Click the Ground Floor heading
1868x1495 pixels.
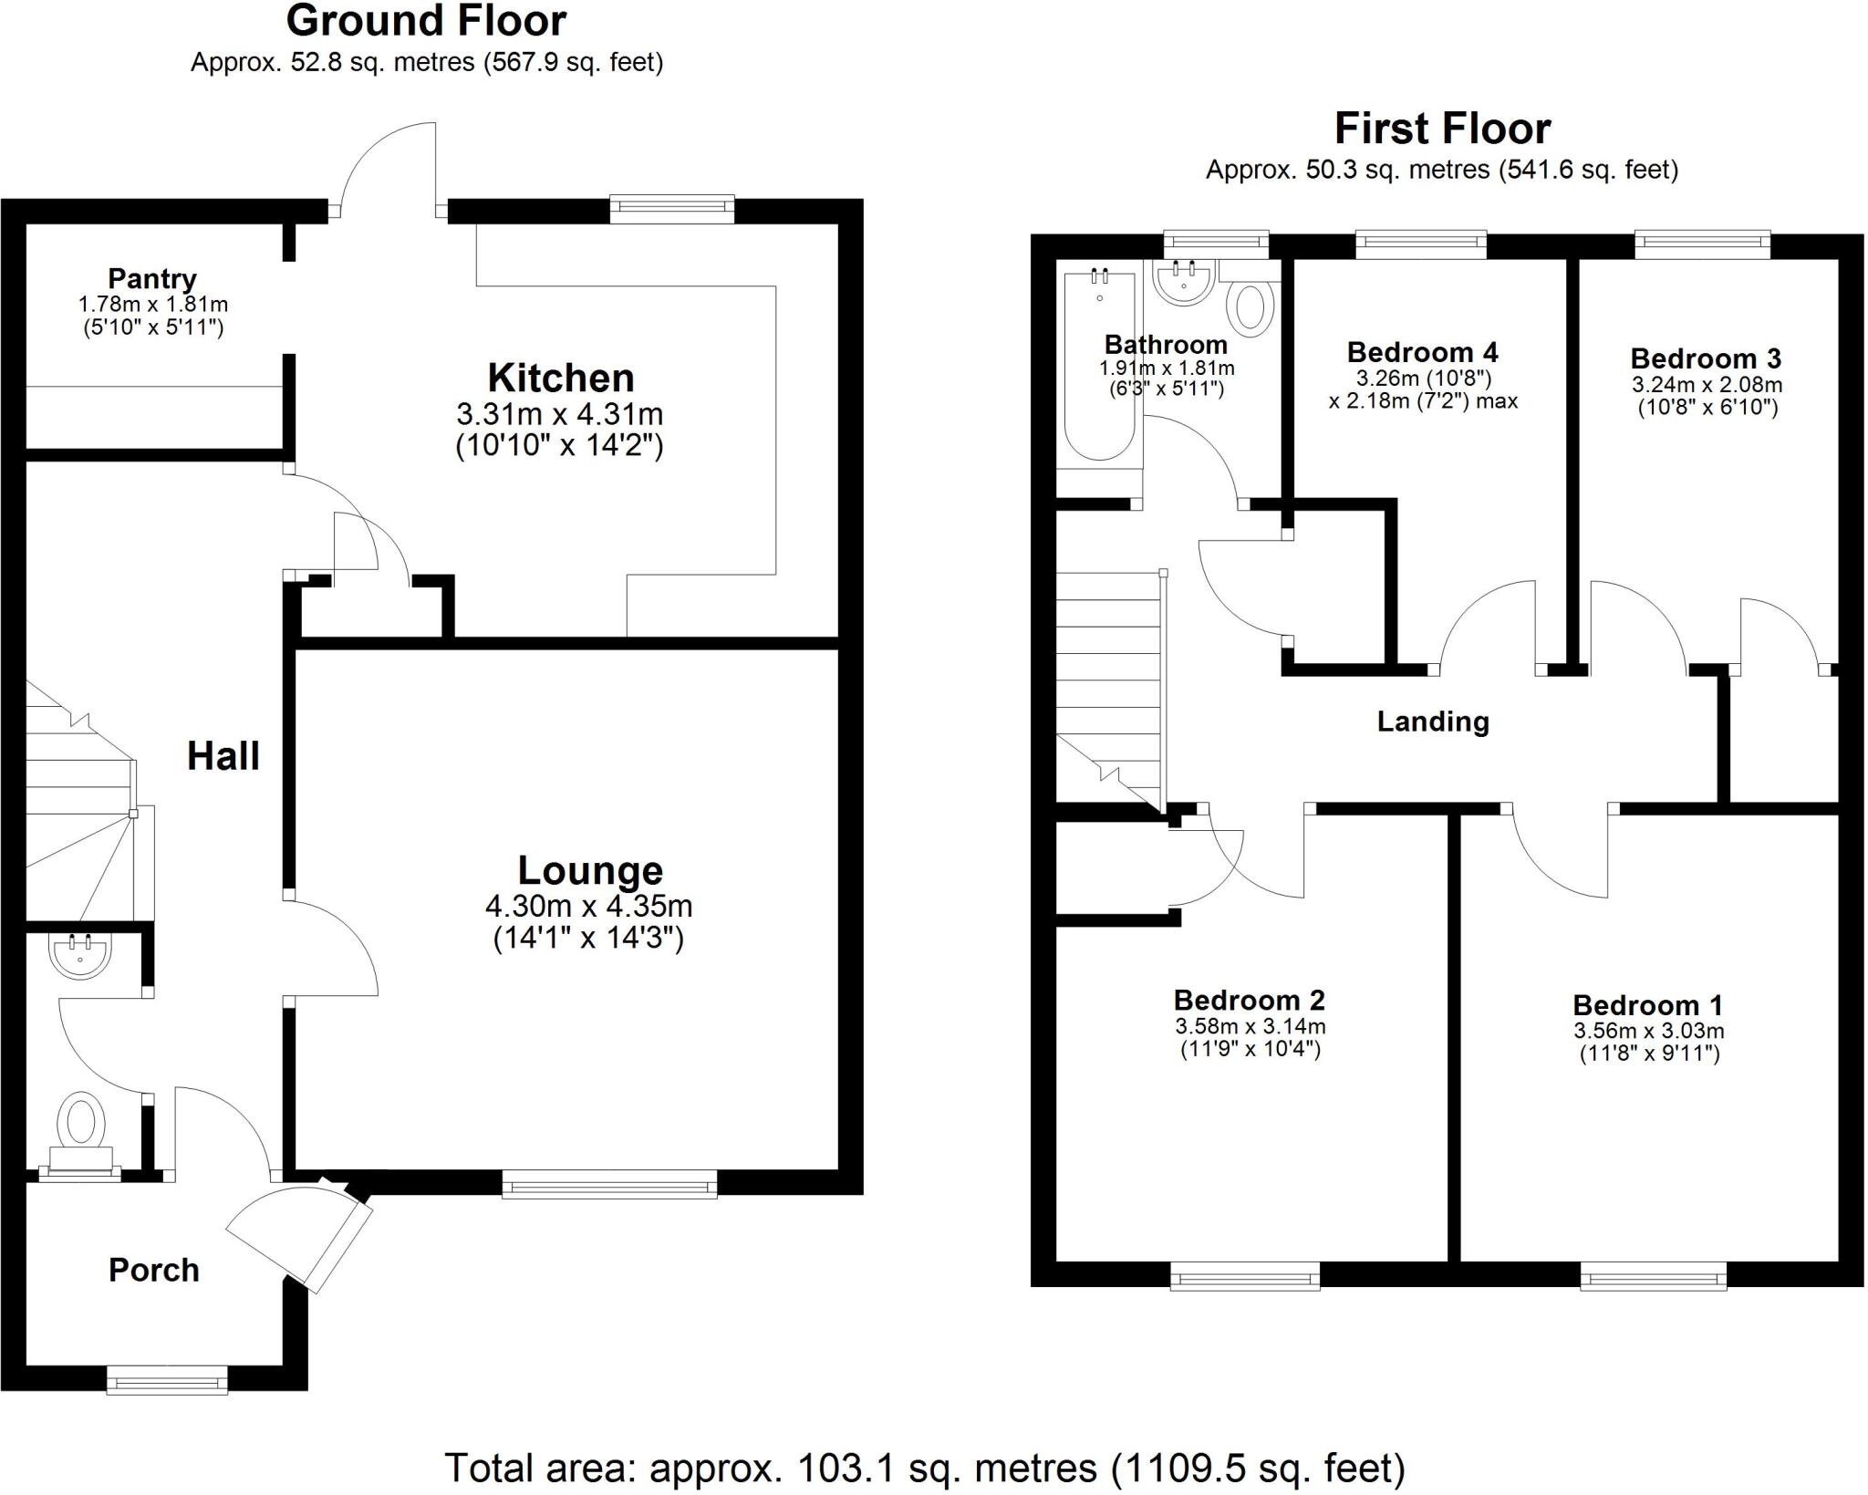coord(426,21)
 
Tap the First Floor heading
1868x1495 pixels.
coord(1442,129)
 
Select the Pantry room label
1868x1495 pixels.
coord(152,278)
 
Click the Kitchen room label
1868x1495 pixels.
coord(561,378)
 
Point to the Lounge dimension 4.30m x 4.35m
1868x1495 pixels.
coord(588,907)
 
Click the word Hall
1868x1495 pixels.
coord(223,756)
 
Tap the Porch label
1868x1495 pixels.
coord(154,1270)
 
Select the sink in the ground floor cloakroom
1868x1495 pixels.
coord(81,956)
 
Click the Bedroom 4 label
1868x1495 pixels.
coord(1422,352)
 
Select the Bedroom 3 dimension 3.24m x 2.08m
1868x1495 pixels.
coord(1707,385)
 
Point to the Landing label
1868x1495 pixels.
coord(1433,722)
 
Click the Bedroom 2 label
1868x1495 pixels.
coord(1249,1001)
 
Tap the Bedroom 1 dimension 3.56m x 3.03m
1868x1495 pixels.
coord(1648,1032)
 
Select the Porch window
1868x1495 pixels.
coord(167,1380)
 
